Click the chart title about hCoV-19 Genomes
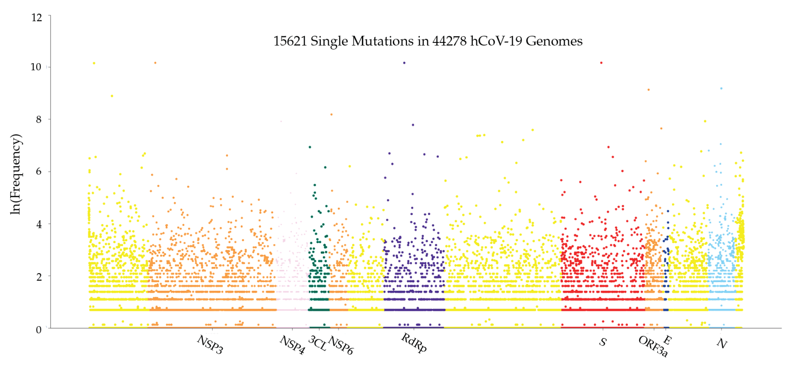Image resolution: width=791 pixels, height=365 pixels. click(428, 41)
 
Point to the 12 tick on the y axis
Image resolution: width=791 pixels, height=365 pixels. click(37, 17)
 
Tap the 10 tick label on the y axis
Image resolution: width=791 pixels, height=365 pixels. click(36, 67)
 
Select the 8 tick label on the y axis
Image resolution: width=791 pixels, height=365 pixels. click(38, 119)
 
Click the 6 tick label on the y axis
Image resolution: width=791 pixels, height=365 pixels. click(38, 171)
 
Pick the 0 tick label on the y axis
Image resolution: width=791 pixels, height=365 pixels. click(38, 330)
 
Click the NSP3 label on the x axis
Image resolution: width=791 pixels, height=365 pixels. click(210, 345)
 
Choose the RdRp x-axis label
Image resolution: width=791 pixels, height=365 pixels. click(414, 343)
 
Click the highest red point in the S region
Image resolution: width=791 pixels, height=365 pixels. click(601, 63)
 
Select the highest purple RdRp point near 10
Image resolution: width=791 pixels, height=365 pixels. click(404, 63)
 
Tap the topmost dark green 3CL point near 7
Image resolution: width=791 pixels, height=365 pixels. click(310, 147)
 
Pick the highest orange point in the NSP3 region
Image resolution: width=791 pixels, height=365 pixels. click(155, 63)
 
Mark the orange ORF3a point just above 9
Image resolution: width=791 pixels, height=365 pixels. click(648, 90)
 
